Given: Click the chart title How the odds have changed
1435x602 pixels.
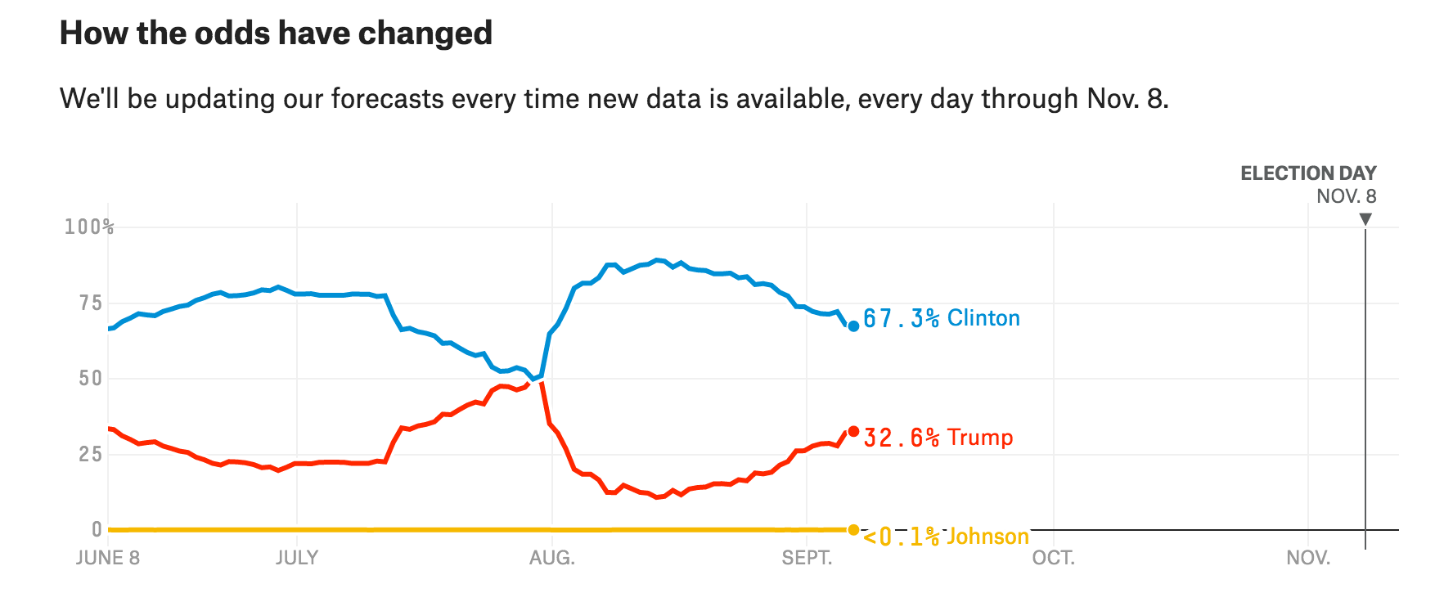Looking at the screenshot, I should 276,34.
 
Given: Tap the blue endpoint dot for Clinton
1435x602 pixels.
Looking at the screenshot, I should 853,326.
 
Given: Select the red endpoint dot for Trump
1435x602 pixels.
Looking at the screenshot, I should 853,431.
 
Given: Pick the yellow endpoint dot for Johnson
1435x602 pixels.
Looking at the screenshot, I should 853,530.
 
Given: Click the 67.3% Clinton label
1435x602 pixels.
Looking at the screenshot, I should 942,318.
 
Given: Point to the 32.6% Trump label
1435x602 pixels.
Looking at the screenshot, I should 938,438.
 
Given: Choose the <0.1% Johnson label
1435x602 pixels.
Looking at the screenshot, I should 946,537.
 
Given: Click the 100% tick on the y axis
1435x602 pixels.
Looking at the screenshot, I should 89,227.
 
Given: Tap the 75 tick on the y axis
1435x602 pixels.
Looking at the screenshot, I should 91,303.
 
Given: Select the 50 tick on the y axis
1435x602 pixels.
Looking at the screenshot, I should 91,378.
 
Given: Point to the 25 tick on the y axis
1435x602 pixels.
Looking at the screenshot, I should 91,454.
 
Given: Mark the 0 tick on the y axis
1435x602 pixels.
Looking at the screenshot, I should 97,529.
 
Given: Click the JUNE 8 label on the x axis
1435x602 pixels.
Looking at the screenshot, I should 108,558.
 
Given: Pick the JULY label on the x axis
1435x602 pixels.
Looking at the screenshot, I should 296,558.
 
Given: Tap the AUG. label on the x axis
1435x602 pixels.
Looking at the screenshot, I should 552,558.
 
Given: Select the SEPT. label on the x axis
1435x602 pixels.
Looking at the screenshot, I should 807,558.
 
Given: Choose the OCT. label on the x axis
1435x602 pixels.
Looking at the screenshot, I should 1054,558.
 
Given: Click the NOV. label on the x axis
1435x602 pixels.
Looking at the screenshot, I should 1308,558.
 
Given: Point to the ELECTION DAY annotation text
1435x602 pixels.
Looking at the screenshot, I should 1308,173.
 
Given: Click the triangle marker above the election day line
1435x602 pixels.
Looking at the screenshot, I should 1365,219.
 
